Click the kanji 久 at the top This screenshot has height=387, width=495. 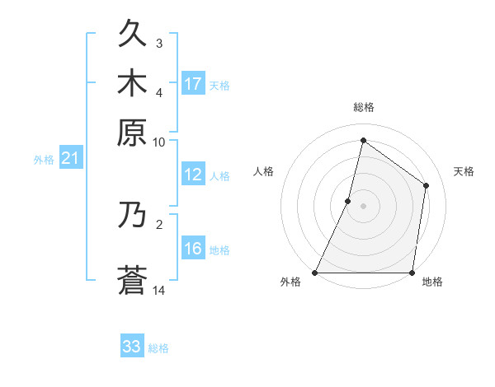132,35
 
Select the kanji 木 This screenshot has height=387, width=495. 132,83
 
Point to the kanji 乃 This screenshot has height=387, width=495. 132,214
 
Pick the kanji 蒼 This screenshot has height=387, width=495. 132,280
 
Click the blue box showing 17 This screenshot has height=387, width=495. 193,83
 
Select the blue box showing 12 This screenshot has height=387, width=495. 193,175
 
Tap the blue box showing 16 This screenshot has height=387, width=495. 193,249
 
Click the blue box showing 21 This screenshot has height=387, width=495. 70,159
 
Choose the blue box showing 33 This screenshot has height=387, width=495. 132,347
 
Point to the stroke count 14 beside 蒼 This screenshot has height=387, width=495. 158,290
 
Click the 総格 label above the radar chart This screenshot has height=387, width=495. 363,107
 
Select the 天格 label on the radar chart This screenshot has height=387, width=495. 464,171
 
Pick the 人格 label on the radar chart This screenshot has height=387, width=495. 263,171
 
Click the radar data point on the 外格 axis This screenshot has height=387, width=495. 315,273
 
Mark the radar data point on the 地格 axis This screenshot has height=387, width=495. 412,273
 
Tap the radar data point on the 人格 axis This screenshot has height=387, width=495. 348,201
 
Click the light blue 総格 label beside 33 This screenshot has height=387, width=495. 158,348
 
